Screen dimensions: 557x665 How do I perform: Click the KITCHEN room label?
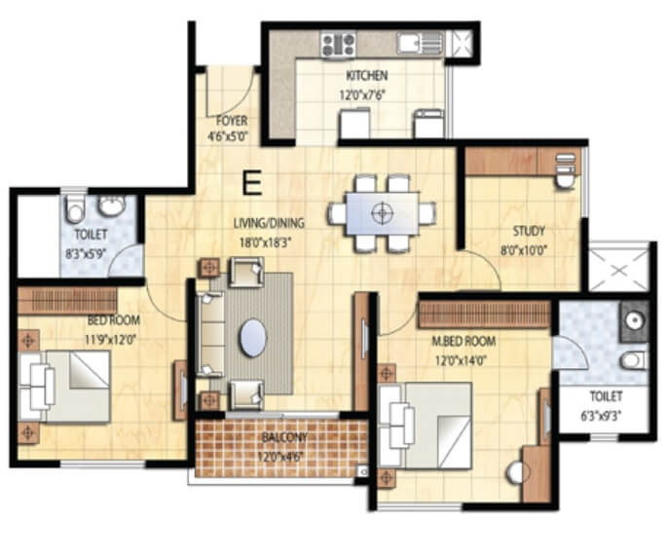coord(366,76)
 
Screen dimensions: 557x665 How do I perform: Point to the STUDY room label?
coord(528,232)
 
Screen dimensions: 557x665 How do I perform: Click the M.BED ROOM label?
coord(464,342)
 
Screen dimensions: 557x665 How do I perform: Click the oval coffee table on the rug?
coord(253,338)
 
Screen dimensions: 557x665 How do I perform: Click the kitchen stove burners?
coord(338,43)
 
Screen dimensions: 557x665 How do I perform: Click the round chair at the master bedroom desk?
coord(516,472)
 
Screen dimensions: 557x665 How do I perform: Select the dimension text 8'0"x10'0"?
coord(529,249)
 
